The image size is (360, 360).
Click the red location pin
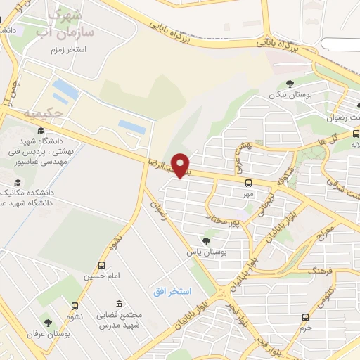(181, 165)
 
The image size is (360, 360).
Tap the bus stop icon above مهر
(248, 183)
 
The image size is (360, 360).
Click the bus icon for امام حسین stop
(102, 266)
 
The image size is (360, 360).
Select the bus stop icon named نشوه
(74, 306)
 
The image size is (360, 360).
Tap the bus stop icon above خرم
(304, 317)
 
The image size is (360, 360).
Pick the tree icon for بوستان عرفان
(48, 323)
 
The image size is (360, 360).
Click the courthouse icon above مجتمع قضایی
(118, 304)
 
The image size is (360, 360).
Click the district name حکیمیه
(43, 112)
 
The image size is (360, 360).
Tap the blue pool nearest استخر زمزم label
(65, 89)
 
